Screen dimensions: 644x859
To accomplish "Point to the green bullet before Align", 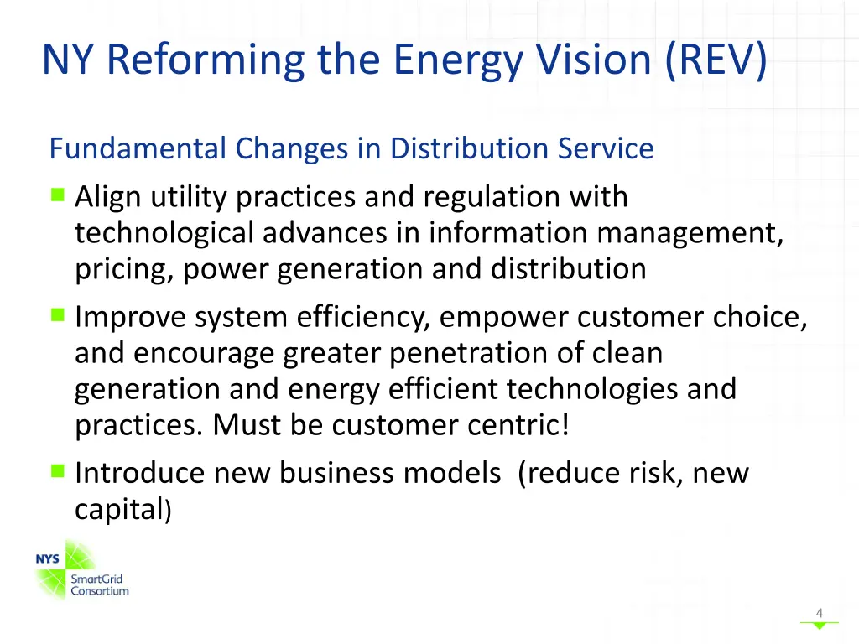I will coord(57,195).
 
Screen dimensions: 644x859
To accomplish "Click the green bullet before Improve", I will coord(57,315).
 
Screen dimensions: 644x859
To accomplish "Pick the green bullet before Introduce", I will coord(57,471).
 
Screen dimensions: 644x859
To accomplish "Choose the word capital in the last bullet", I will coord(118,509).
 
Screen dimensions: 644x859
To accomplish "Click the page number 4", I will coord(820,613).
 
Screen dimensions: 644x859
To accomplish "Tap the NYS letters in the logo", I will coord(47,559).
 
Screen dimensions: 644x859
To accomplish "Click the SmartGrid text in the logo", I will coord(96,579).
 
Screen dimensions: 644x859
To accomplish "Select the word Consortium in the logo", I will coord(99,591).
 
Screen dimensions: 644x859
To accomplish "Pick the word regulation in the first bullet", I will coord(487,197).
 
